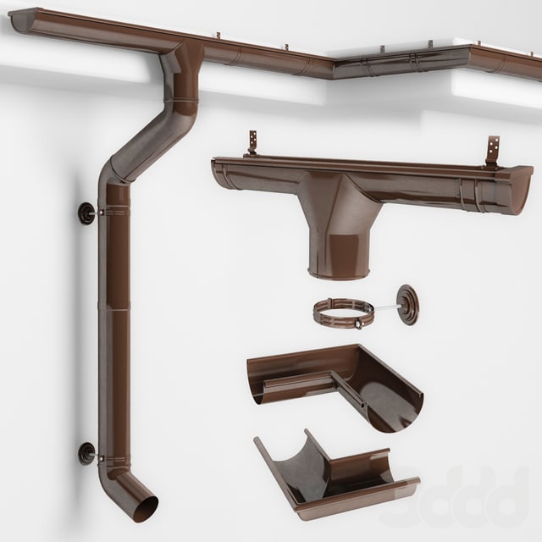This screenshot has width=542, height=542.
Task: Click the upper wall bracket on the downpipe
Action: [x=88, y=213]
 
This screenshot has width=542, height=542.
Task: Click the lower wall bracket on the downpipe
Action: [x=88, y=454]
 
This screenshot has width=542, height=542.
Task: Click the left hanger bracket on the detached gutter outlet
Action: [x=252, y=143]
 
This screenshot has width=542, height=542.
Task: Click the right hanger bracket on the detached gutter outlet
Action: [x=492, y=152]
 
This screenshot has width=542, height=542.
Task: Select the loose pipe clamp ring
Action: [x=343, y=313]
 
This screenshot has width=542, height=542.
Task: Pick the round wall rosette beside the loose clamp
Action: [x=407, y=304]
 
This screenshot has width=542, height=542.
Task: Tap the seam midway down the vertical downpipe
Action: [x=113, y=310]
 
